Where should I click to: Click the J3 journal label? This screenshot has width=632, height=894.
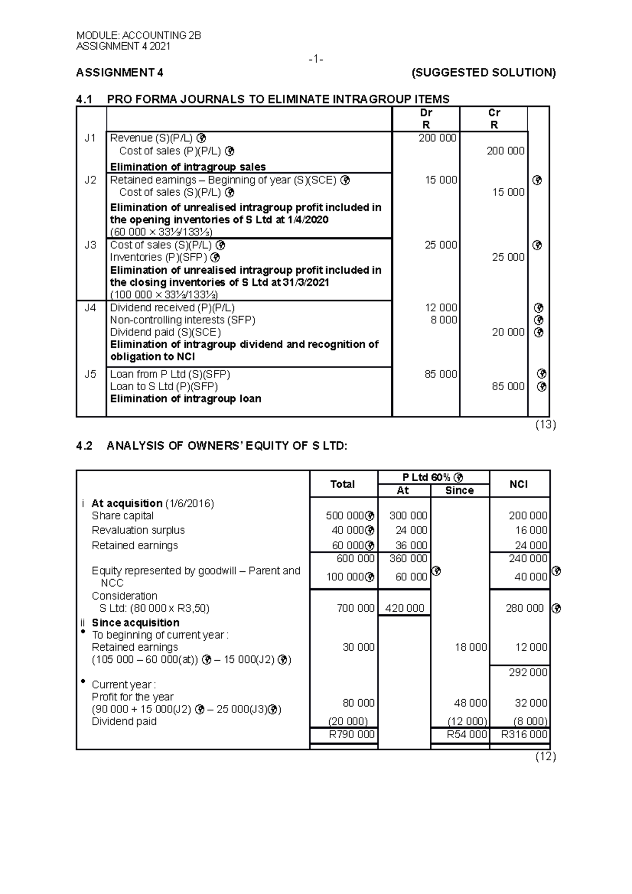click(x=90, y=245)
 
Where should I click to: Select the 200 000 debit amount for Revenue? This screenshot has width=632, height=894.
click(x=438, y=138)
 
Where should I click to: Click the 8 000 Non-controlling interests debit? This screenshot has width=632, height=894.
click(x=444, y=320)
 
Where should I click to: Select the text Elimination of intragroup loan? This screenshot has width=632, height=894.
click(x=185, y=399)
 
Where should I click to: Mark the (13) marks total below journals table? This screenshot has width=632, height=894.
click(x=545, y=425)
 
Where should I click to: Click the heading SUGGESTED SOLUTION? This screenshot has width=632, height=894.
click(x=483, y=73)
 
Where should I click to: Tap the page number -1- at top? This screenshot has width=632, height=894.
click(x=315, y=59)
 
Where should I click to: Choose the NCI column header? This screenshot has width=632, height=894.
click(x=518, y=484)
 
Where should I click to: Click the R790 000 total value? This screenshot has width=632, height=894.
click(x=351, y=734)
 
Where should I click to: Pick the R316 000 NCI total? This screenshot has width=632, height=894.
click(x=525, y=734)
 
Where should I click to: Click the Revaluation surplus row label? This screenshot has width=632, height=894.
click(x=138, y=530)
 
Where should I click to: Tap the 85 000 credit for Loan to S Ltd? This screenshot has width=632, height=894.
click(x=508, y=386)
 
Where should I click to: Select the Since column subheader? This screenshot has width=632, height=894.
click(x=459, y=491)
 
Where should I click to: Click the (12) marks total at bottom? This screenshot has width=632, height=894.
click(x=545, y=757)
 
